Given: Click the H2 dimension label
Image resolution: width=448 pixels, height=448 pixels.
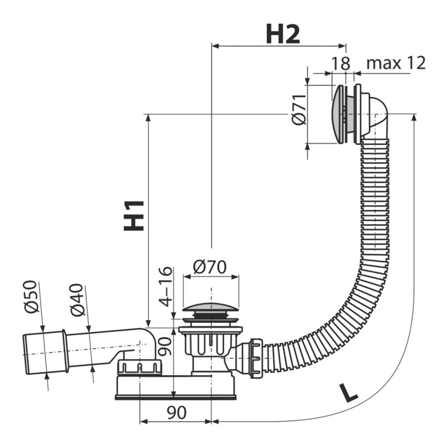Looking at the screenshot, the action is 283,34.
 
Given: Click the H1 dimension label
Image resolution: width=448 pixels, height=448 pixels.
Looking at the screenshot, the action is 134,216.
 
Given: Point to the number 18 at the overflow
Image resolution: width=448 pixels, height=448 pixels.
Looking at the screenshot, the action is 340,63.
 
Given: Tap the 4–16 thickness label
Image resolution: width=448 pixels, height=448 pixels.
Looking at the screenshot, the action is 165,287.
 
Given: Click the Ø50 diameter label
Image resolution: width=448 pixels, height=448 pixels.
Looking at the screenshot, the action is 30,297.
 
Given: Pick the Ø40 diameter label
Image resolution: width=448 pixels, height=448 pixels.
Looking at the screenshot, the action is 77,300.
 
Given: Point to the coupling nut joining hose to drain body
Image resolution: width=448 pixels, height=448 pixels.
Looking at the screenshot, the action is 256,358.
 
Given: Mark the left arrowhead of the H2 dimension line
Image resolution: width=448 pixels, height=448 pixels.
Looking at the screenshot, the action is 215,46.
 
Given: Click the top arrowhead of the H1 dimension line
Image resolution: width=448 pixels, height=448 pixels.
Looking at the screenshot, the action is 148,118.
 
